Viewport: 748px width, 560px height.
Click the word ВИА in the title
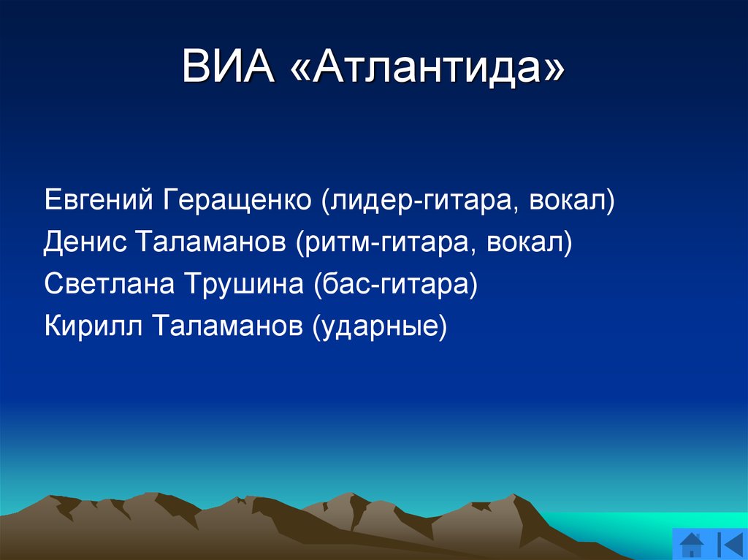tap(228, 66)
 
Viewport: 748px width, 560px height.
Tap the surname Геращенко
tap(237, 201)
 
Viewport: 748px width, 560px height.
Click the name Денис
tap(85, 242)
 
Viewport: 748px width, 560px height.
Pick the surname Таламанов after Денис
tap(211, 242)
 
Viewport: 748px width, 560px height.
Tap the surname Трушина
tap(244, 285)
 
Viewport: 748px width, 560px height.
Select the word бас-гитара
tap(395, 284)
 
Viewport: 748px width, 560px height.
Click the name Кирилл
tap(93, 326)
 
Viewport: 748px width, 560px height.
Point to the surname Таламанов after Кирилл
tap(227, 326)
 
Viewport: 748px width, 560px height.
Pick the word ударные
tap(379, 327)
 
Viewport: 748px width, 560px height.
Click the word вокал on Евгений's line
tap(567, 200)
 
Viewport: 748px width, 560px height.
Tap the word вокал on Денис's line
tap(524, 242)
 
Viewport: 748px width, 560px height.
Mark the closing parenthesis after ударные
tap(442, 326)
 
